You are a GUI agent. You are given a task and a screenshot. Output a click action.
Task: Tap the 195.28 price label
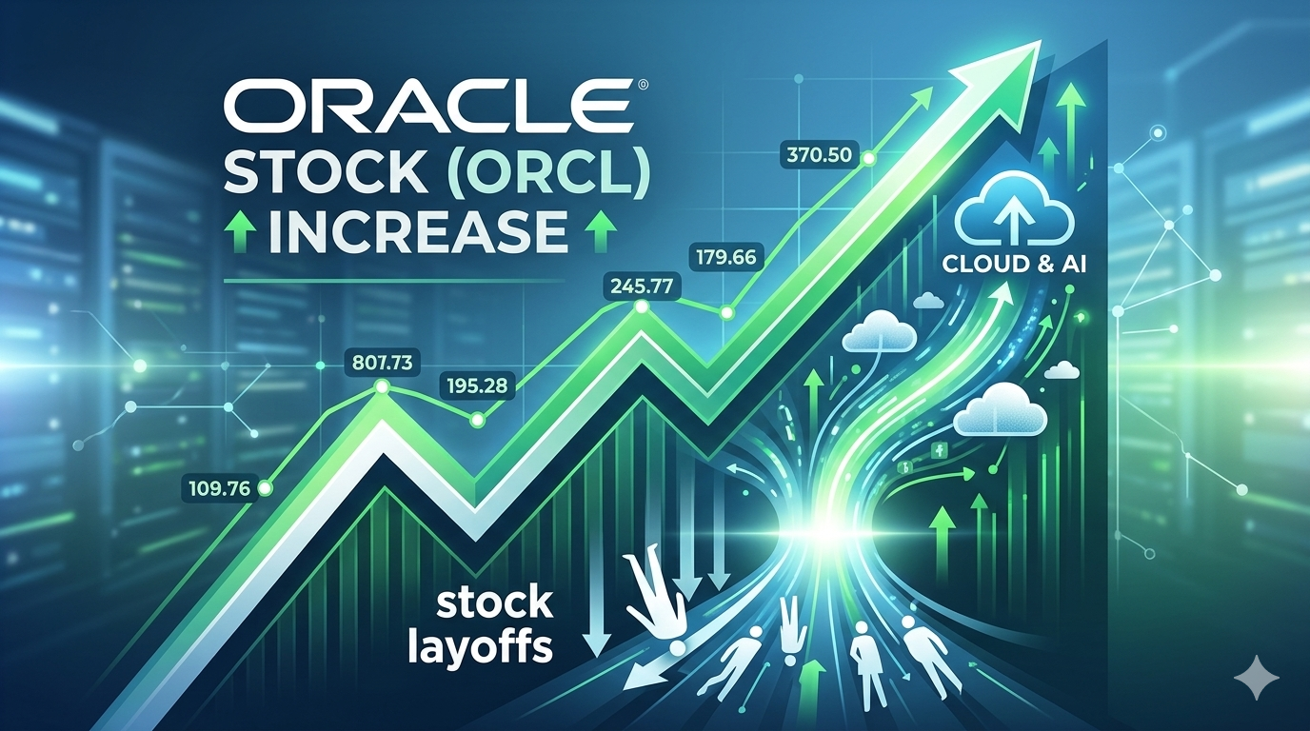tap(477, 386)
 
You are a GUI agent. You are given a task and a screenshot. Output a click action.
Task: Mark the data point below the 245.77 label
tap(641, 306)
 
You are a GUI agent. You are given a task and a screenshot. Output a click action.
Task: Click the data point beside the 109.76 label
tap(265, 489)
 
